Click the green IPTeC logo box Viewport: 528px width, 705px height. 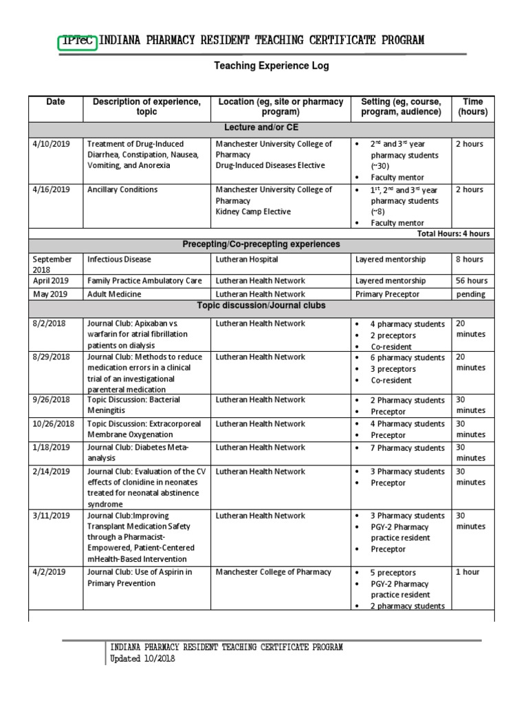[78, 41]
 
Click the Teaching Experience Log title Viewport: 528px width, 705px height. [272, 66]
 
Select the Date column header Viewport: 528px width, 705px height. [56, 102]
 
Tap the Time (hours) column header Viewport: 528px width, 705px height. [472, 107]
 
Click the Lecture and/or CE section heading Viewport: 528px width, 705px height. [261, 128]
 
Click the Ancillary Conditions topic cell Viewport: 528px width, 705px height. [122, 190]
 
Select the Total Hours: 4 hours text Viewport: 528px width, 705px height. [453, 233]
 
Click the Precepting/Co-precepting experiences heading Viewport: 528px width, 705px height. [261, 244]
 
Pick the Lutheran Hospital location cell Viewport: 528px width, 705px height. [247, 260]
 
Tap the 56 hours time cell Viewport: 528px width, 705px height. [472, 281]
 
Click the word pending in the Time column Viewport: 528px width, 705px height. [471, 294]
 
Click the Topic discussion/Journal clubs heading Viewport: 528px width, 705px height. [261, 305]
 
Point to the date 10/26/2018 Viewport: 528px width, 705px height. [52, 424]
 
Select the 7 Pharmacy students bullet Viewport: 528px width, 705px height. [408, 448]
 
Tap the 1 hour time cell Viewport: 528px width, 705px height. [467, 572]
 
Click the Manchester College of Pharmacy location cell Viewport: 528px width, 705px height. [273, 572]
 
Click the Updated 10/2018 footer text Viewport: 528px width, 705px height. [143, 659]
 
